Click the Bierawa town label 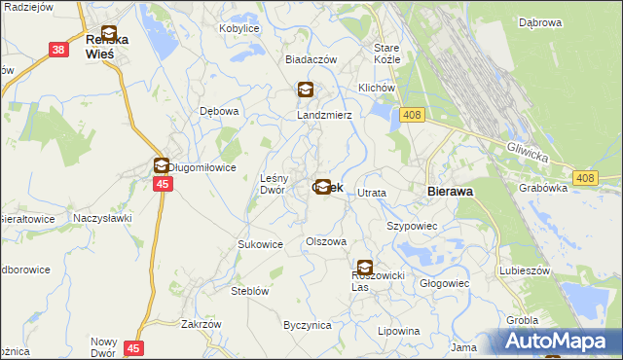pyautogui.click(x=451, y=192)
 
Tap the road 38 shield pyautogui.click(x=59, y=50)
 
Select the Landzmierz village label pyautogui.click(x=324, y=114)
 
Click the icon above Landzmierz pyautogui.click(x=306, y=90)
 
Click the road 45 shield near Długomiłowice pyautogui.click(x=163, y=184)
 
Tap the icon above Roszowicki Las pyautogui.click(x=364, y=267)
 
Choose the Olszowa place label pyautogui.click(x=326, y=240)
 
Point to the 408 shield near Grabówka pyautogui.click(x=584, y=178)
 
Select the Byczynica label pyautogui.click(x=308, y=325)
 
